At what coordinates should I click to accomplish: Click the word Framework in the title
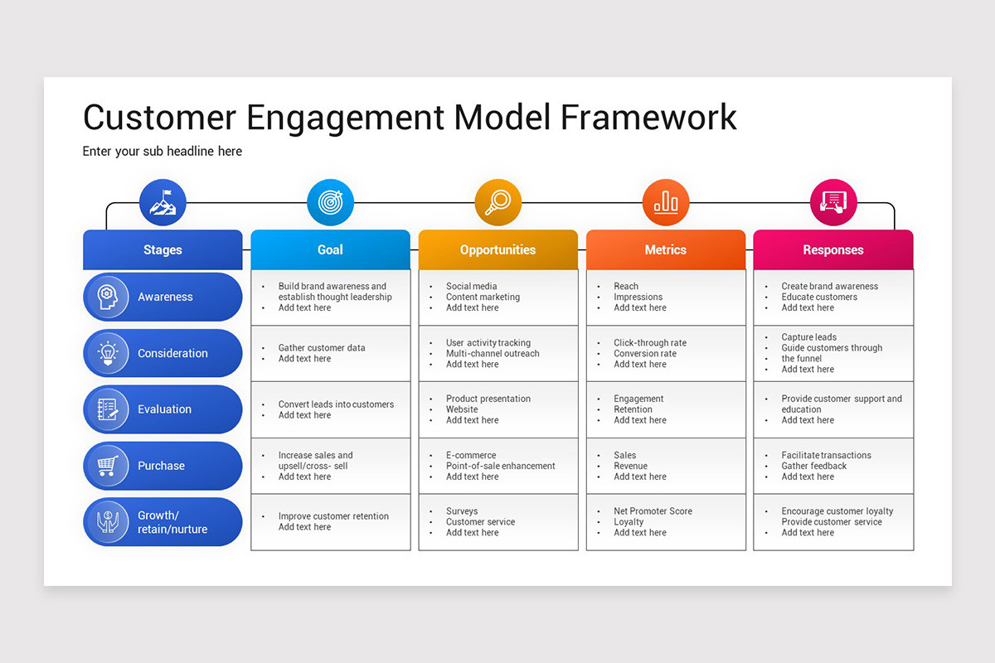point(648,117)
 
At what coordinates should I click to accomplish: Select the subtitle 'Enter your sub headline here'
point(163,152)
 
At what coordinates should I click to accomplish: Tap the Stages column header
point(163,249)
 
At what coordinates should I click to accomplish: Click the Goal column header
point(330,249)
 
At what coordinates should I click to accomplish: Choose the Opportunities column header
point(498,249)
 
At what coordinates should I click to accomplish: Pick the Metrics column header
point(665,249)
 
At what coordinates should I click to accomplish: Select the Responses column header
point(832,249)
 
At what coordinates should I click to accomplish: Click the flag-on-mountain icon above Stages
point(163,202)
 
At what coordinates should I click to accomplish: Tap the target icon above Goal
point(330,202)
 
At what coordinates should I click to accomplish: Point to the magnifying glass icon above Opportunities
point(498,202)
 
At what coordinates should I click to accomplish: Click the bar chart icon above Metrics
point(665,202)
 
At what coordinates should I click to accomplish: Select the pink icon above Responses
point(832,202)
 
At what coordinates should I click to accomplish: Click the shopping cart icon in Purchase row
point(107,466)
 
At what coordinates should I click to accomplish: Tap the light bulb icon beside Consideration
point(107,353)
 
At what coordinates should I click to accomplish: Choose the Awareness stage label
point(165,297)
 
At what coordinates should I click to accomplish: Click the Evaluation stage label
point(164,409)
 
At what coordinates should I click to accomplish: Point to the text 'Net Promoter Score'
point(653,511)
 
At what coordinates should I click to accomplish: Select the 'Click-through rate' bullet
point(650,342)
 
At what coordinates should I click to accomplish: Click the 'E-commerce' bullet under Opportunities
point(471,455)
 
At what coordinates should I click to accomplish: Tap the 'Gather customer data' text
point(322,348)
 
